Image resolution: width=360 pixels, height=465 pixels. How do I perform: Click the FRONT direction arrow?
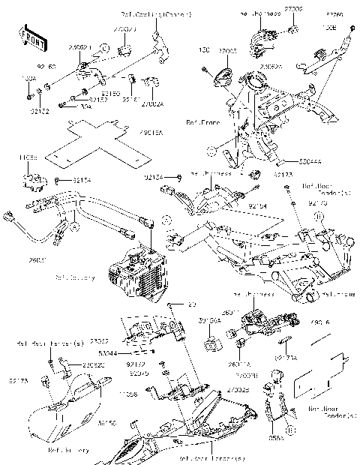click(x=29, y=38)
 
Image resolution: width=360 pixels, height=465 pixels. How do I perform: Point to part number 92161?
click(x=131, y=98)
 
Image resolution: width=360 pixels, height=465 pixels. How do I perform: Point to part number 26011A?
click(x=238, y=364)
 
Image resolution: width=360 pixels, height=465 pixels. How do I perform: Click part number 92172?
click(x=136, y=364)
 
